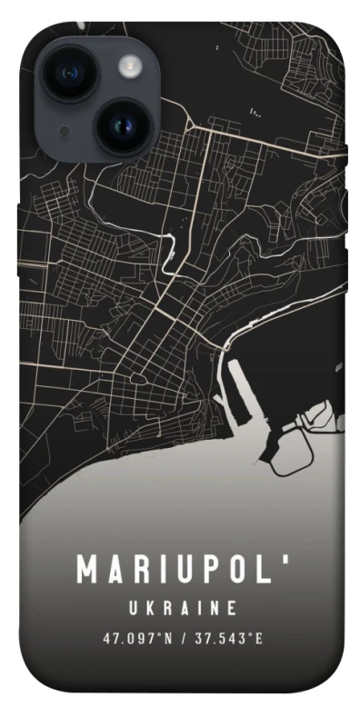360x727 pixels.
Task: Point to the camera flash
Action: pyautogui.click(x=131, y=65)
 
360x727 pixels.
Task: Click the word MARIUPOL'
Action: pyautogui.click(x=180, y=570)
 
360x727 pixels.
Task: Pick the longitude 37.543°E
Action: pyautogui.click(x=228, y=638)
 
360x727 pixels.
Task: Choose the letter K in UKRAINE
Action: pyautogui.click(x=149, y=607)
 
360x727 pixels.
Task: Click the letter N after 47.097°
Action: pyautogui.click(x=169, y=638)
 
